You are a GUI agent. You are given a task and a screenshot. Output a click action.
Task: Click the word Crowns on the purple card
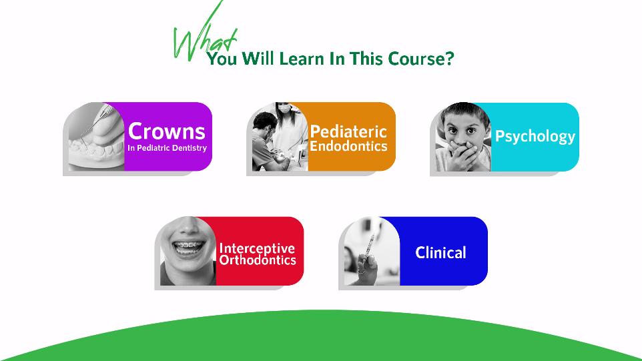167,131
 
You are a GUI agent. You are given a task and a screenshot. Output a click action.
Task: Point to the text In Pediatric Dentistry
167,147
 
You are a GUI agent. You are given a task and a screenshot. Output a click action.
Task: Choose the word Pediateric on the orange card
348,132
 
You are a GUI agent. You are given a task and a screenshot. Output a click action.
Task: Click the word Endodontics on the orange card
348,146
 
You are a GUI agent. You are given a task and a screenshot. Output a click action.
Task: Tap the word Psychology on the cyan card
535,137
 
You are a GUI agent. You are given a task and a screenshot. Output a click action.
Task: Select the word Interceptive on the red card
257,248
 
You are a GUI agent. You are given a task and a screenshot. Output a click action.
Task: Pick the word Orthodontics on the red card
258,260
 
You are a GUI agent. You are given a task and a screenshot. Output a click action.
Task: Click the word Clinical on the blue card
440,252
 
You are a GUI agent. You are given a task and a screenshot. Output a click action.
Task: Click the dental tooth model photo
96,137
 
